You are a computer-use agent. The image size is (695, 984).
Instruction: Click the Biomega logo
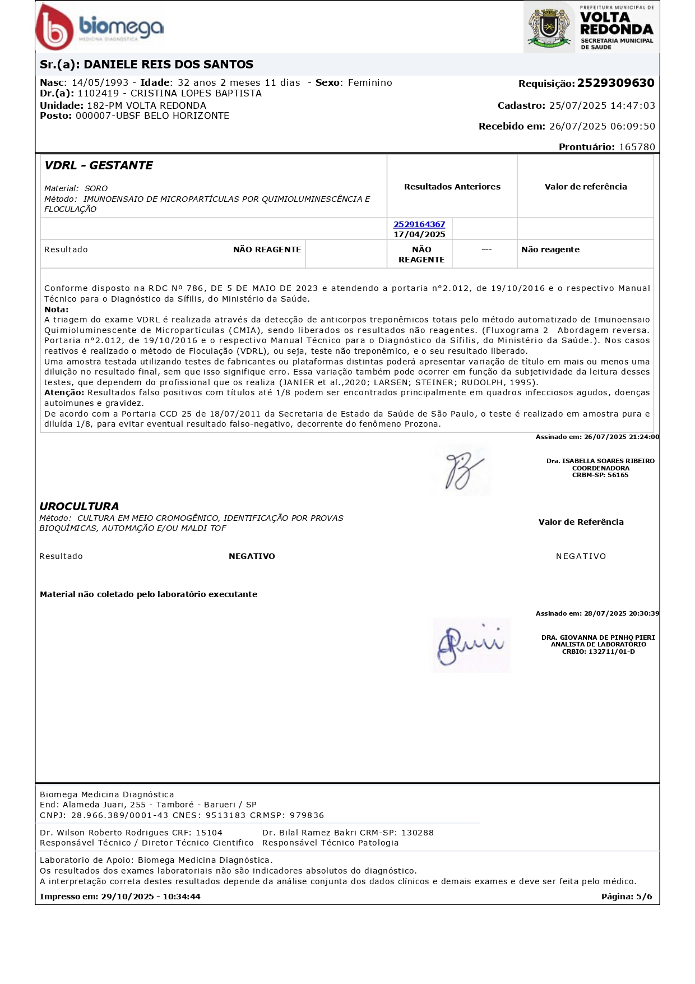(100, 27)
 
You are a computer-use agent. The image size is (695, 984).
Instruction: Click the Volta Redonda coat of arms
(549, 27)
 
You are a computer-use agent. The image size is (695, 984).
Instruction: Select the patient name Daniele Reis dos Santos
(168, 64)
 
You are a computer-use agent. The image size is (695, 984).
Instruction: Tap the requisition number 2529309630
(615, 84)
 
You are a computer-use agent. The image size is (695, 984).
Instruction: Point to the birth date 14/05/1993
(100, 83)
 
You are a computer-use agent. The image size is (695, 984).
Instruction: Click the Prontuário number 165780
(637, 147)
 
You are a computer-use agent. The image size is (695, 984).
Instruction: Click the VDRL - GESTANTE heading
(99, 165)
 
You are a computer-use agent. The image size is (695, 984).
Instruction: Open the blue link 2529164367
(419, 224)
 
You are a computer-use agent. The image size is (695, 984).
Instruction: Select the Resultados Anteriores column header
(452, 187)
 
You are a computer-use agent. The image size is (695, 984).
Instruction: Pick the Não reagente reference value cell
(550, 250)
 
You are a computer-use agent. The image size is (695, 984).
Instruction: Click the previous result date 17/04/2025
(419, 234)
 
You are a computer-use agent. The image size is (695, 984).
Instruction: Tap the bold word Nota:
(57, 309)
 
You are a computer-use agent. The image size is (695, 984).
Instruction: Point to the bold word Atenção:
(64, 392)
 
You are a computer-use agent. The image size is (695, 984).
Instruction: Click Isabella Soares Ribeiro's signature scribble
(462, 470)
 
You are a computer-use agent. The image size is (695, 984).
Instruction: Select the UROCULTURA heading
(79, 506)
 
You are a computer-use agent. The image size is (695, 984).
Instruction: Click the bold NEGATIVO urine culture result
(252, 556)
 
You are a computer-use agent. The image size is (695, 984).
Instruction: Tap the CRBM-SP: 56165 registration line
(600, 475)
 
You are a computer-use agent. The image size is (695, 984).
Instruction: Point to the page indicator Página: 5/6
(627, 897)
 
